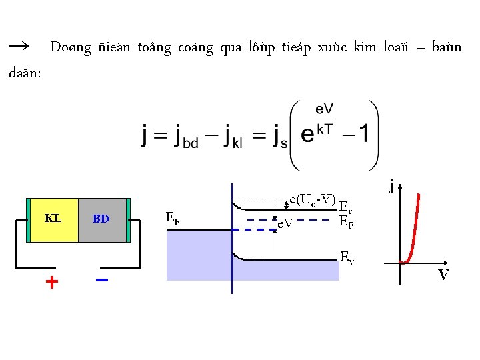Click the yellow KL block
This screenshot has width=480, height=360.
[54, 219]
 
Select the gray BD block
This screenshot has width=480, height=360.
[101, 219]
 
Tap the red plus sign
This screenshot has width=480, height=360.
[51, 282]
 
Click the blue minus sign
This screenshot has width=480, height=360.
[102, 280]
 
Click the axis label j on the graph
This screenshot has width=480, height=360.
[391, 187]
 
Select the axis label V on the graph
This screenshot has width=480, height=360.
[443, 274]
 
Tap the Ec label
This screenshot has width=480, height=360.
[346, 206]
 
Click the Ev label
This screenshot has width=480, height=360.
[347, 256]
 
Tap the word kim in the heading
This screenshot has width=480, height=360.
[365, 47]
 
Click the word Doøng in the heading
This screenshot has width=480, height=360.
[66, 47]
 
